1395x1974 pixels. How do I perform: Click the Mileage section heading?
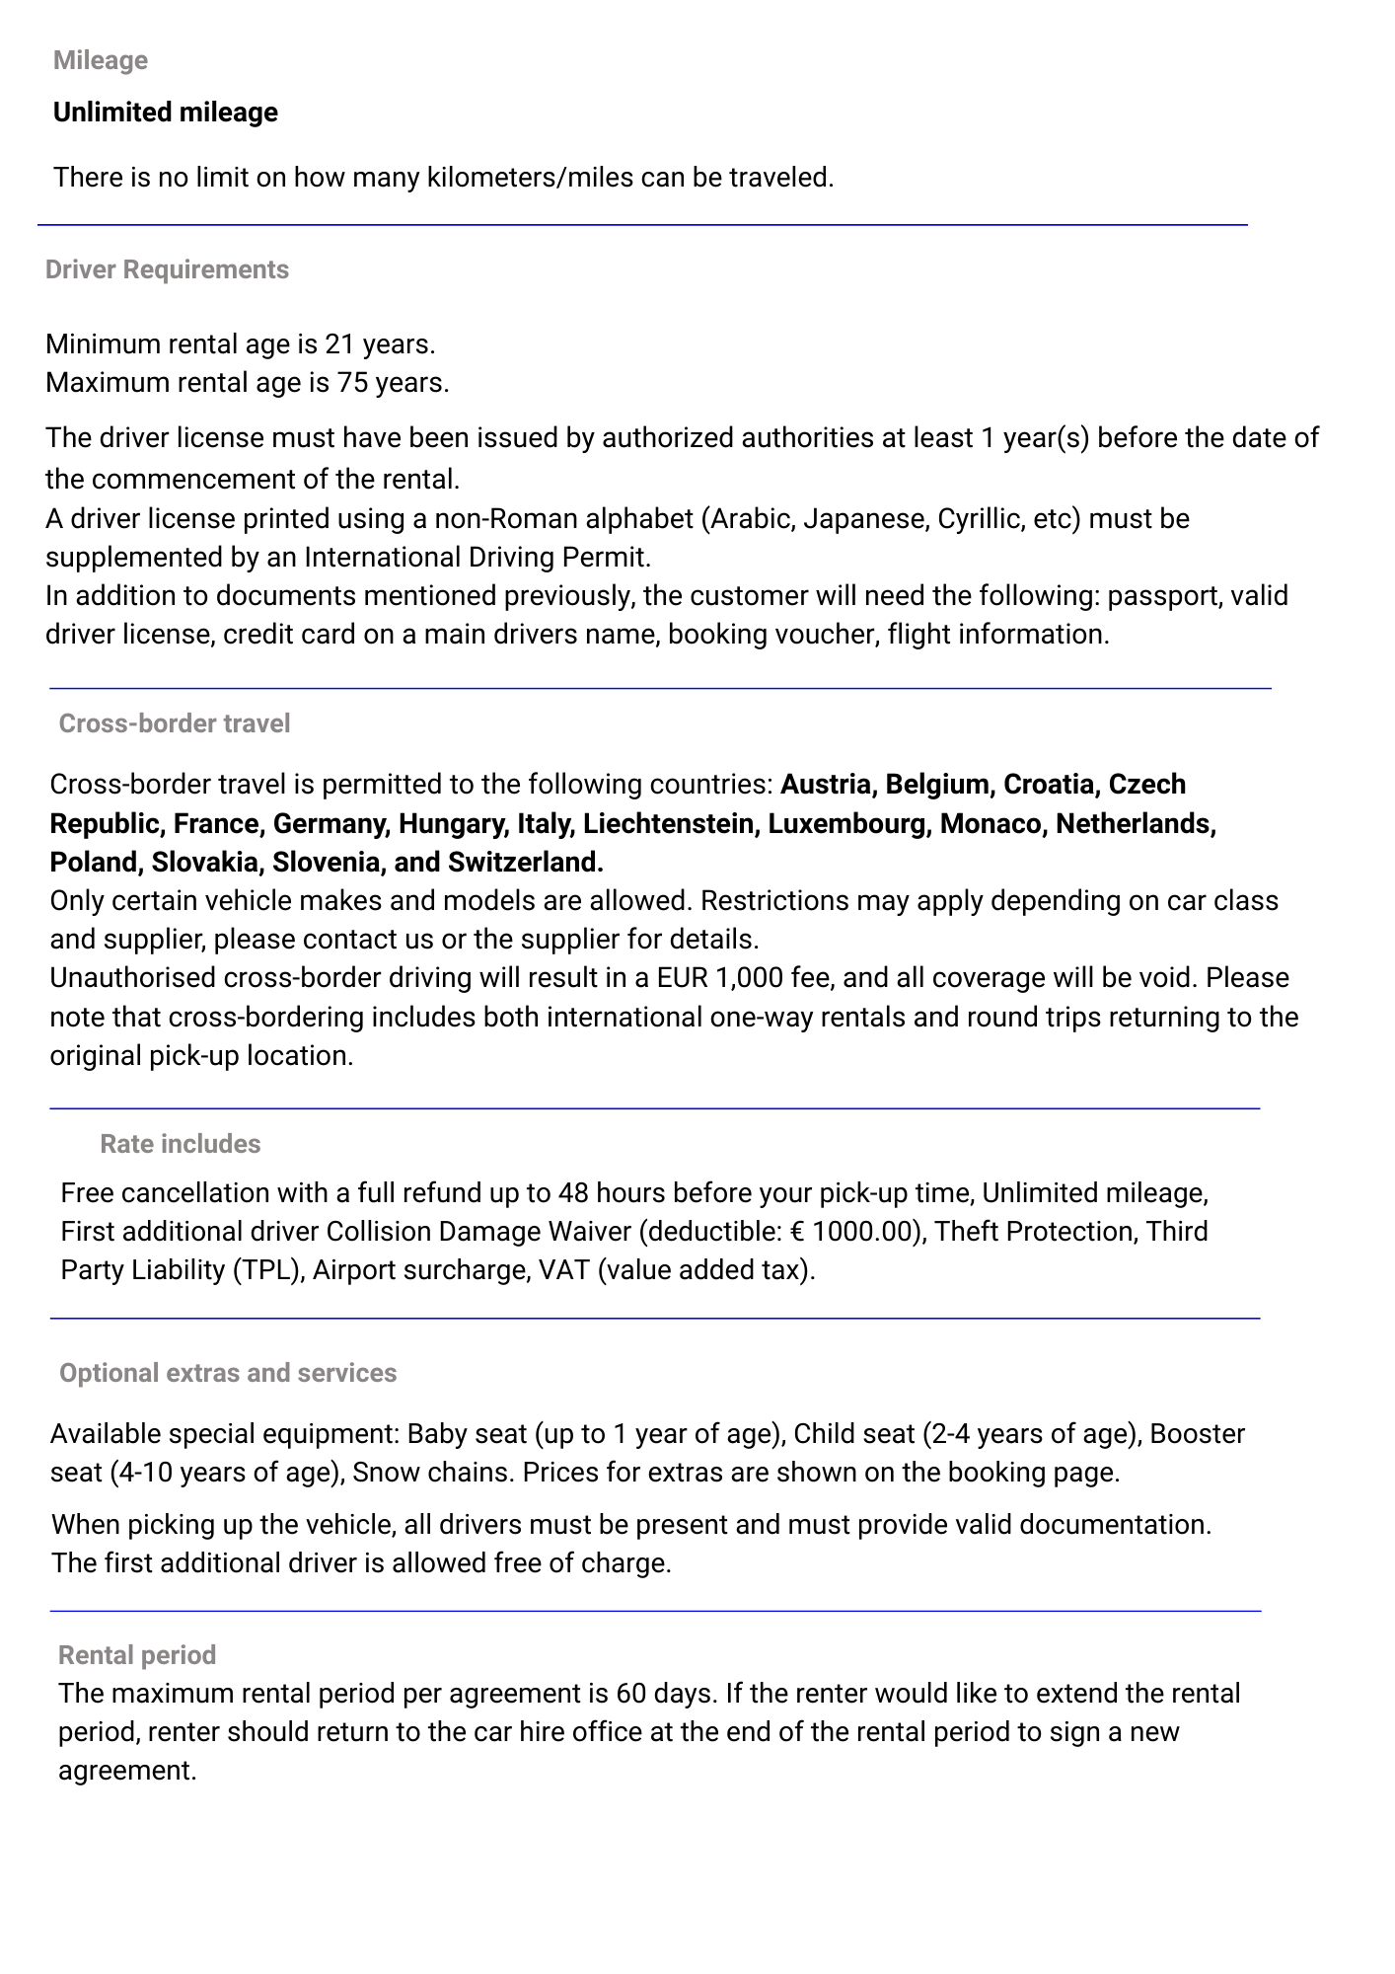[101, 60]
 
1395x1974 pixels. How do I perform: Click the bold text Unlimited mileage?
[166, 113]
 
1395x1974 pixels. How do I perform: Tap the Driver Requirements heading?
[167, 269]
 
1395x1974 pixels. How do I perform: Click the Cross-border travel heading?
[175, 723]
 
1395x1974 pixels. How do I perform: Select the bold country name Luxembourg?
[849, 824]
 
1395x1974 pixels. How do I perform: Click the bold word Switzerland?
[525, 863]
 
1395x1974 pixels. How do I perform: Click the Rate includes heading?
[181, 1144]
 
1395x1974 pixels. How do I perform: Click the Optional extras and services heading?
[228, 1373]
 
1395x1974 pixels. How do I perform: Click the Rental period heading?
[137, 1655]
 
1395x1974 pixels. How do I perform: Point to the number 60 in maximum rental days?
[630, 1694]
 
